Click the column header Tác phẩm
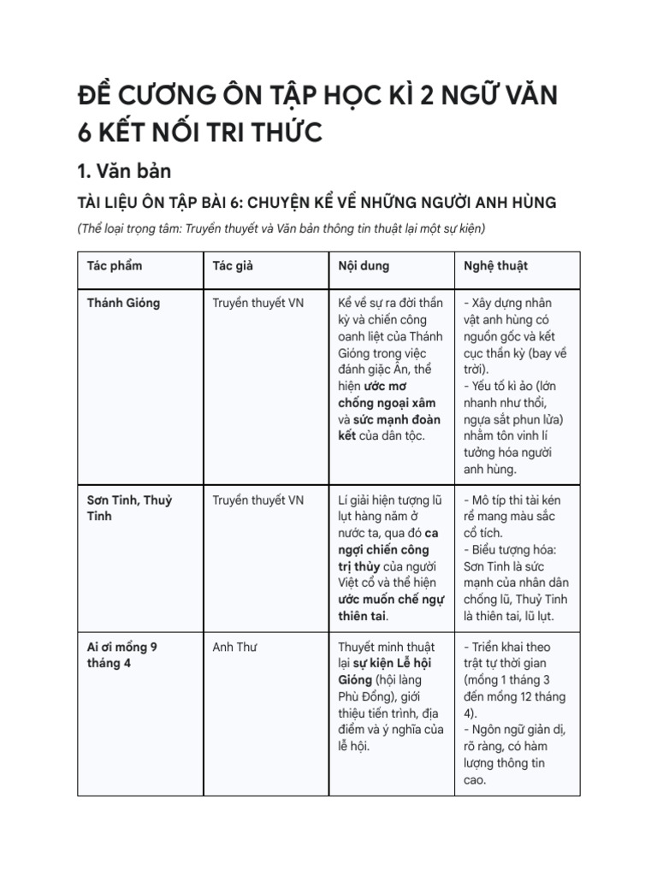(115, 266)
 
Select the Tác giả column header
(233, 266)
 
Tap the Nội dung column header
(364, 266)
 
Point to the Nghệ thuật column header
(495, 266)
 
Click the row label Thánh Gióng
(123, 303)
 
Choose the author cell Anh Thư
(235, 647)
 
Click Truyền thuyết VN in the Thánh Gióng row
(257, 303)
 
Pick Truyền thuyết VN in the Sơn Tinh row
(257, 500)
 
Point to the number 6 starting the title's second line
(83, 132)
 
